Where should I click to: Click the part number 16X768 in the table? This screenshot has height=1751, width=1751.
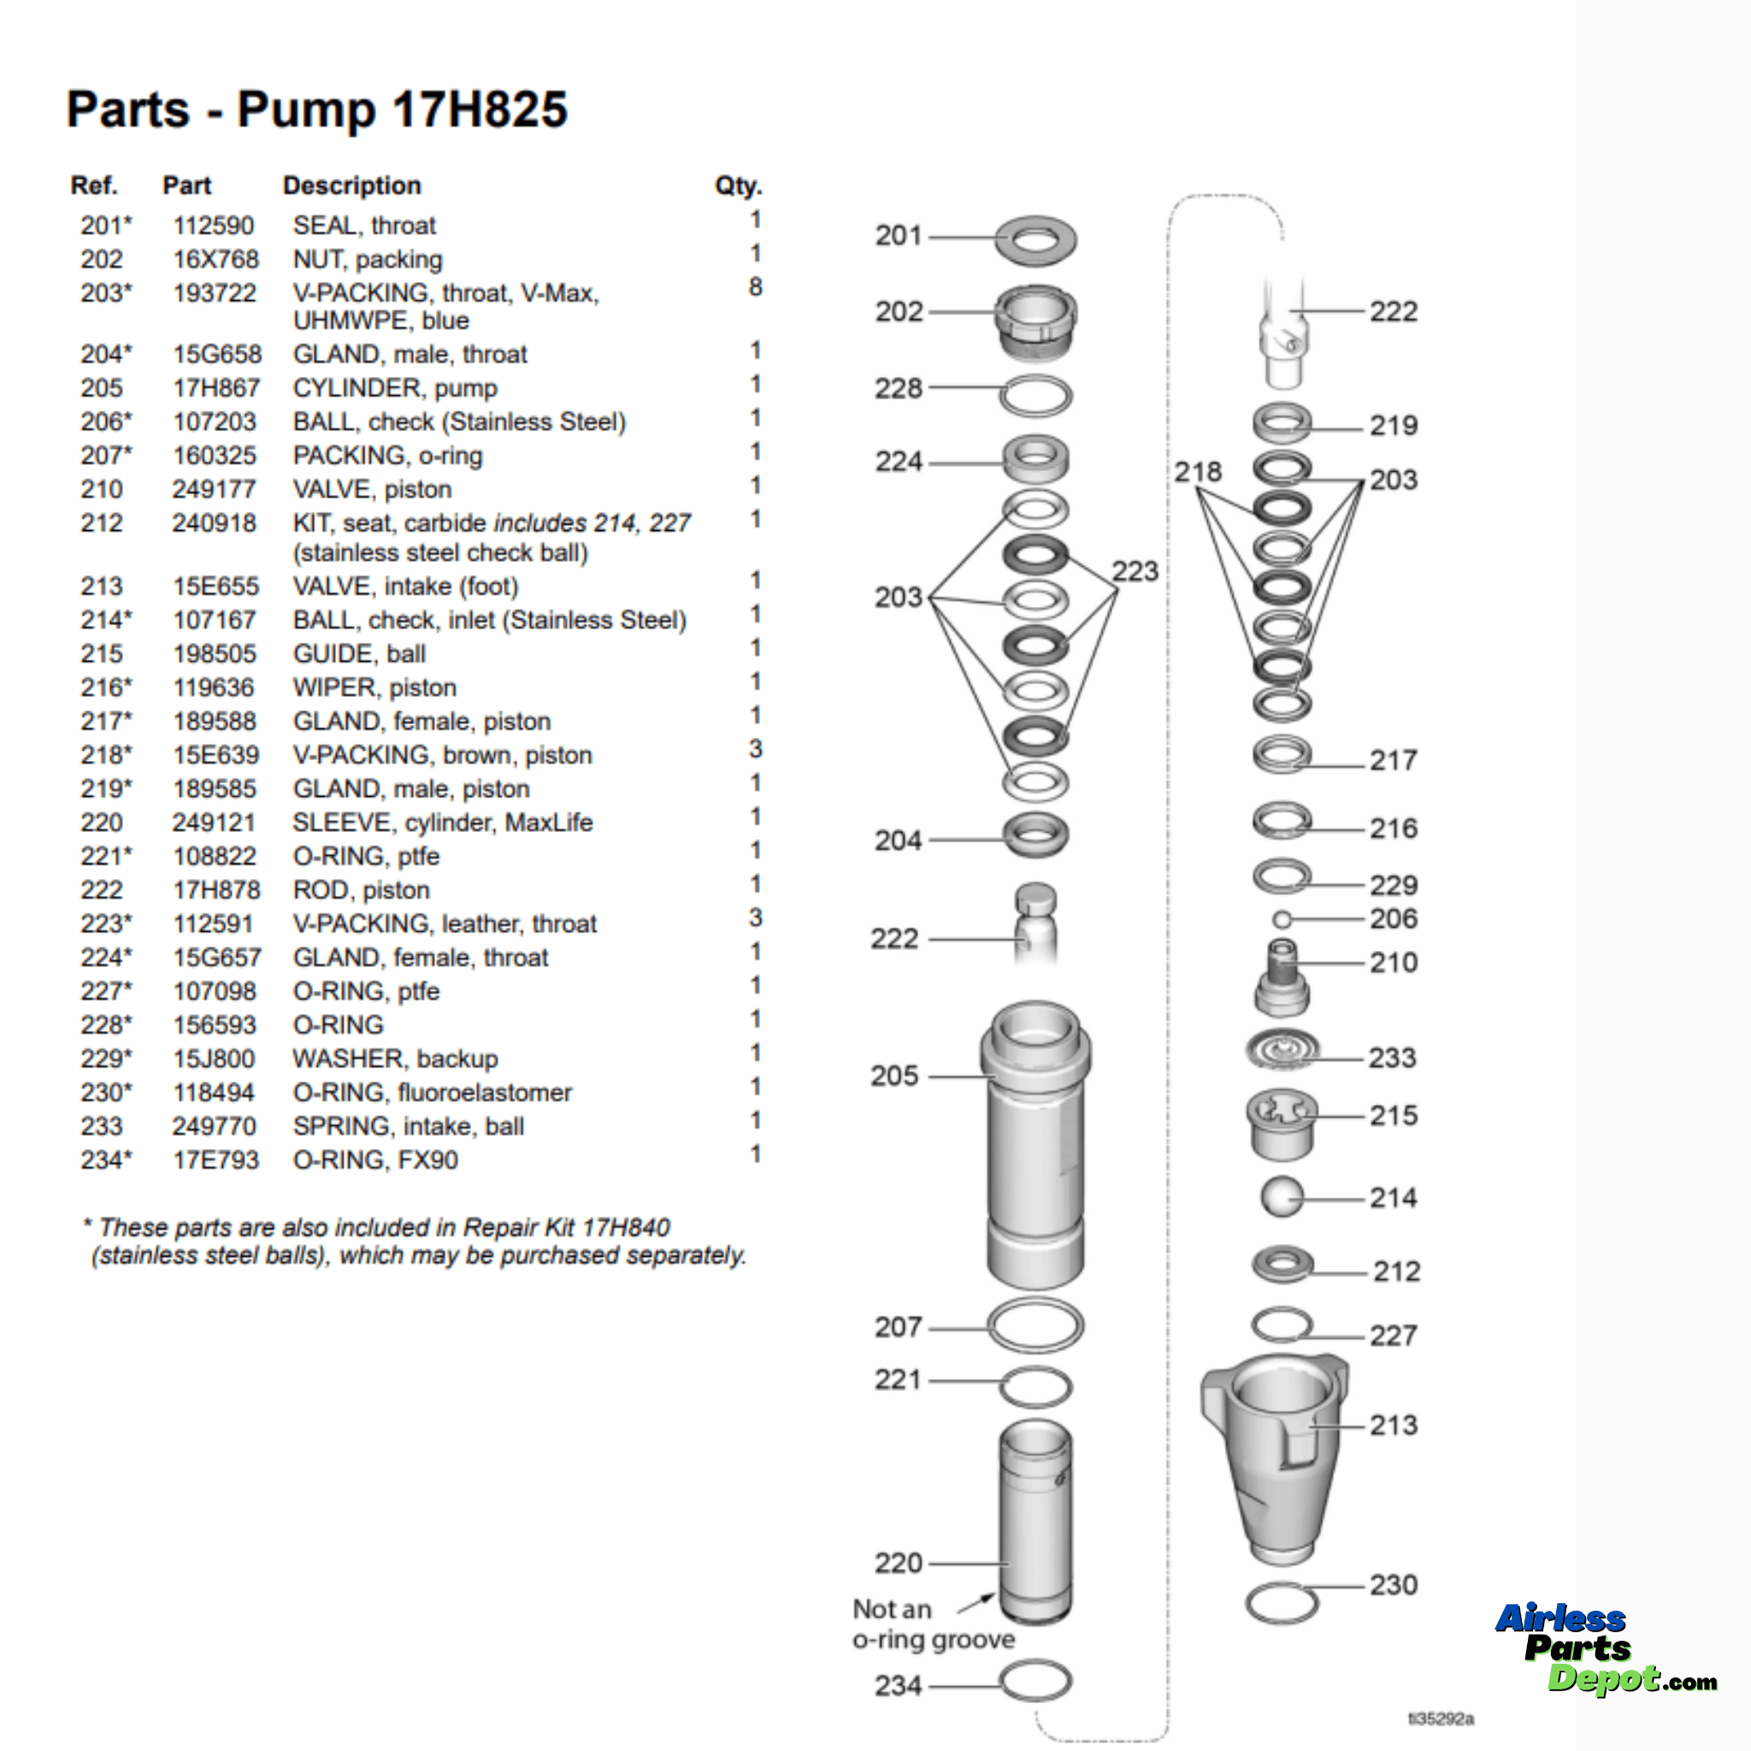coord(215,259)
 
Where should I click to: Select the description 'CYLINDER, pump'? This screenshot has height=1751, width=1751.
coord(394,388)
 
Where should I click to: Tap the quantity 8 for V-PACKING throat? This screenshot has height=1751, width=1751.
coord(755,287)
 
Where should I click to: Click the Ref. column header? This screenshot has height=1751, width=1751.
coord(94,186)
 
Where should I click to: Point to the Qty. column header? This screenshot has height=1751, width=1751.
coord(738,186)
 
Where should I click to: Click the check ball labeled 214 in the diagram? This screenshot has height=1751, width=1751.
coord(1282,1197)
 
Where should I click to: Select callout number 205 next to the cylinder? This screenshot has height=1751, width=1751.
coord(894,1076)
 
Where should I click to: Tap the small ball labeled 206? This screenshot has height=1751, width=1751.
coord(1282,920)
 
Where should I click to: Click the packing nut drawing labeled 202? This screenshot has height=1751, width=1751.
coord(1036,323)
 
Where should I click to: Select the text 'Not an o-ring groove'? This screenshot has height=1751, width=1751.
coord(933,1624)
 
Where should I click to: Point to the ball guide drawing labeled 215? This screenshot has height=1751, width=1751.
coord(1282,1123)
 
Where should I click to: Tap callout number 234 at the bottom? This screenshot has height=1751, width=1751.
coord(897,1686)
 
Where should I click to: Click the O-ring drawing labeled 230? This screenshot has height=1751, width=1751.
coord(1282,1603)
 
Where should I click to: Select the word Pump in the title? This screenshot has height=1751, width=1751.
coord(305,110)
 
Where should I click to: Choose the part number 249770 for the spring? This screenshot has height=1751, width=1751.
coord(214,1126)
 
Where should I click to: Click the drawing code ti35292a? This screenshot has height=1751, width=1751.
coord(1441,1719)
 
